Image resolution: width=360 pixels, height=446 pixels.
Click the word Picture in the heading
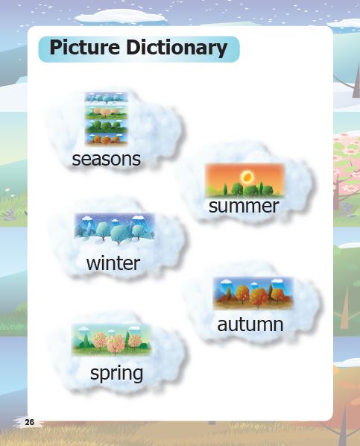point(85,47)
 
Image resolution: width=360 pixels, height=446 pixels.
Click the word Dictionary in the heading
point(177,48)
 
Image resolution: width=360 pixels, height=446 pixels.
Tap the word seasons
point(107,159)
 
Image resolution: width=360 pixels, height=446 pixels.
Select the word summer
point(244,206)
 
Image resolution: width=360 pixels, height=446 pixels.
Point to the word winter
point(113,263)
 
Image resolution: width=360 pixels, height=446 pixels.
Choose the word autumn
point(250,324)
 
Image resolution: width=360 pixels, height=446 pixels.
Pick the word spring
point(116,374)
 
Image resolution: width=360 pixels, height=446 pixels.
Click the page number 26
point(29,422)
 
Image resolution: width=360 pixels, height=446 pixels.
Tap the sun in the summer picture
point(246,178)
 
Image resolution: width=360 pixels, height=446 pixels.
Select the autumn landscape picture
point(253,293)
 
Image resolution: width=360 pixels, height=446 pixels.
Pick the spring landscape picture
point(112,339)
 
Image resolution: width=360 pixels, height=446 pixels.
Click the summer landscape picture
point(244,180)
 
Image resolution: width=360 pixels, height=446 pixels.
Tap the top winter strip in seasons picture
point(107,98)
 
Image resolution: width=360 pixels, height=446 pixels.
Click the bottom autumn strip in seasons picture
point(107,139)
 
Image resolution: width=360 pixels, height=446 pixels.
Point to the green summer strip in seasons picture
point(107,126)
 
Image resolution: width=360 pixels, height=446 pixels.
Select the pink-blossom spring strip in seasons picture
point(107,113)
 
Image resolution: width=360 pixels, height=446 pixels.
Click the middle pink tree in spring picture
point(115,343)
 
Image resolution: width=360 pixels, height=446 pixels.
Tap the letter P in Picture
point(56,47)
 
